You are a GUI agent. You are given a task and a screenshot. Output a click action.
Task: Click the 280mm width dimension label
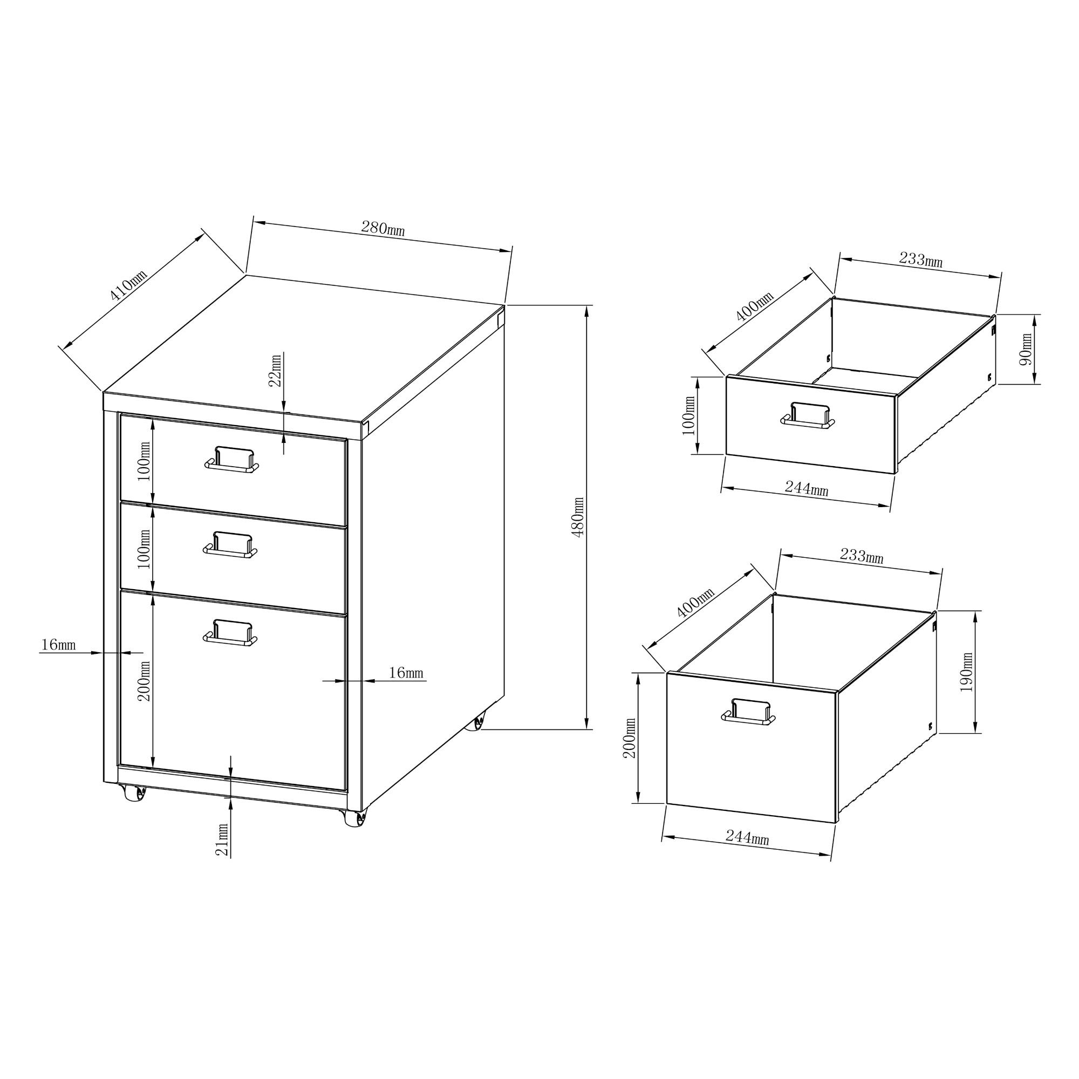click(x=383, y=228)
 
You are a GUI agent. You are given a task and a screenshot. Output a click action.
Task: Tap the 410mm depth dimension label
click(x=129, y=285)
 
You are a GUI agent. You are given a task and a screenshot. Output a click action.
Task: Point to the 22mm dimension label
click(x=275, y=370)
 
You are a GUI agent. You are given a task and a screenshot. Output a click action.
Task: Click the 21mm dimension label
click(x=222, y=840)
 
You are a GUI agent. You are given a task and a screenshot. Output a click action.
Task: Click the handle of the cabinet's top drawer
click(x=232, y=459)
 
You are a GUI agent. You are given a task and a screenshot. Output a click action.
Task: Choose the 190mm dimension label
click(x=967, y=672)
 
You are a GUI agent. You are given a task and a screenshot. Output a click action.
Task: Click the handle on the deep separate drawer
click(x=748, y=712)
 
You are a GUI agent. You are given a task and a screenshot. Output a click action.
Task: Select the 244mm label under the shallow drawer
click(x=807, y=489)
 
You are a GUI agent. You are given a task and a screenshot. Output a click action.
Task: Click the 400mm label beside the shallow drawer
click(x=755, y=306)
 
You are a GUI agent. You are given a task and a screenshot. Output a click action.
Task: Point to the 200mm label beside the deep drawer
click(x=630, y=737)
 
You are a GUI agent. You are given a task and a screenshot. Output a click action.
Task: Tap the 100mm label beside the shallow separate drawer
click(x=689, y=415)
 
